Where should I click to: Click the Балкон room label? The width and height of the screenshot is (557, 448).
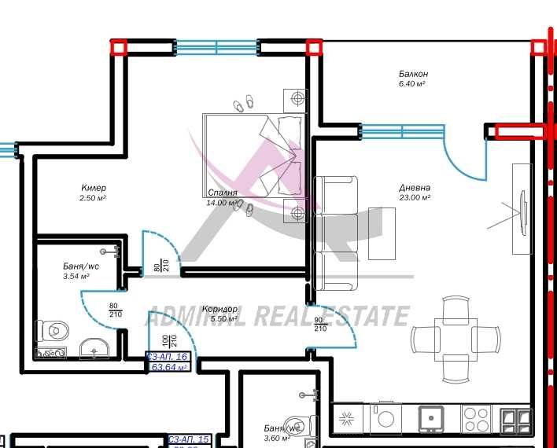pos(412,74)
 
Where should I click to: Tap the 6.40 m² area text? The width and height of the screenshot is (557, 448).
pos(412,84)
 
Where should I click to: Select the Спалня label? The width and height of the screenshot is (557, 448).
pos(222,193)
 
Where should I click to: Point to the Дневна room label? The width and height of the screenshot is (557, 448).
pos(415,188)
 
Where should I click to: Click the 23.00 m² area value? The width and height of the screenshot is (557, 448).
pos(415,198)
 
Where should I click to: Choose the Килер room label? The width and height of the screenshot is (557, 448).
pos(93,189)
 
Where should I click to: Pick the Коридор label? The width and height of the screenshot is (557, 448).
pos(219,309)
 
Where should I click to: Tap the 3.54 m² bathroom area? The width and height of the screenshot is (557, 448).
pos(76,277)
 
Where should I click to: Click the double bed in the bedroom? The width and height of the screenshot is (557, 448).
pos(253,154)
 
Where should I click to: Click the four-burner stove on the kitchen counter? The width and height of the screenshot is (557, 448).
pos(475,417)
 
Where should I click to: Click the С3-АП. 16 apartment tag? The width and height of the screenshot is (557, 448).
pos(168,357)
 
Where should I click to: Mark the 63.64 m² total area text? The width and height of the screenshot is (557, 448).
pos(168,367)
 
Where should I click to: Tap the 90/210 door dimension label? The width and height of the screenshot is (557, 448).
pos(320,324)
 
